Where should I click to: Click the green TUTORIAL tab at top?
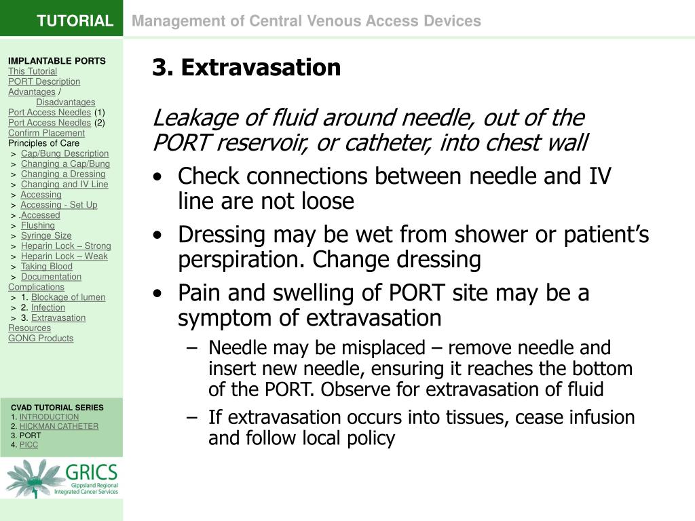point(75,20)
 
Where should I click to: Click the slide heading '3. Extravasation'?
point(246,68)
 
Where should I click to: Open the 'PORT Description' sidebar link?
point(44,81)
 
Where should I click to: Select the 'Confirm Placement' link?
point(46,133)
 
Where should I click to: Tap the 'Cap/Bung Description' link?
point(64,153)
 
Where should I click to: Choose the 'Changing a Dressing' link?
point(63,174)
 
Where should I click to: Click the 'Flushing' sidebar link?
point(38,225)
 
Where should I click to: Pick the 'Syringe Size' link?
point(46,235)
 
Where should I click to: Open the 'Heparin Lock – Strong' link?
point(66,246)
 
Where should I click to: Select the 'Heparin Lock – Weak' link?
point(64,256)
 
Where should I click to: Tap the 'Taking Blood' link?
point(47,266)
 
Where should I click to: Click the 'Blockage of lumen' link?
point(69,296)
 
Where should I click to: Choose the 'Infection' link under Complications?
point(48,307)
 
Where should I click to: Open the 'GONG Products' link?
point(41,338)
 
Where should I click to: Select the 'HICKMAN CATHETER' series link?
point(59,426)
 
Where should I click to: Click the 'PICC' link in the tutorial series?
point(29,444)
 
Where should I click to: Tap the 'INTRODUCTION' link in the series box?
point(49,417)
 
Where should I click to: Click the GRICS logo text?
point(92,473)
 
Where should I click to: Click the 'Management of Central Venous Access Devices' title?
point(306,21)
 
